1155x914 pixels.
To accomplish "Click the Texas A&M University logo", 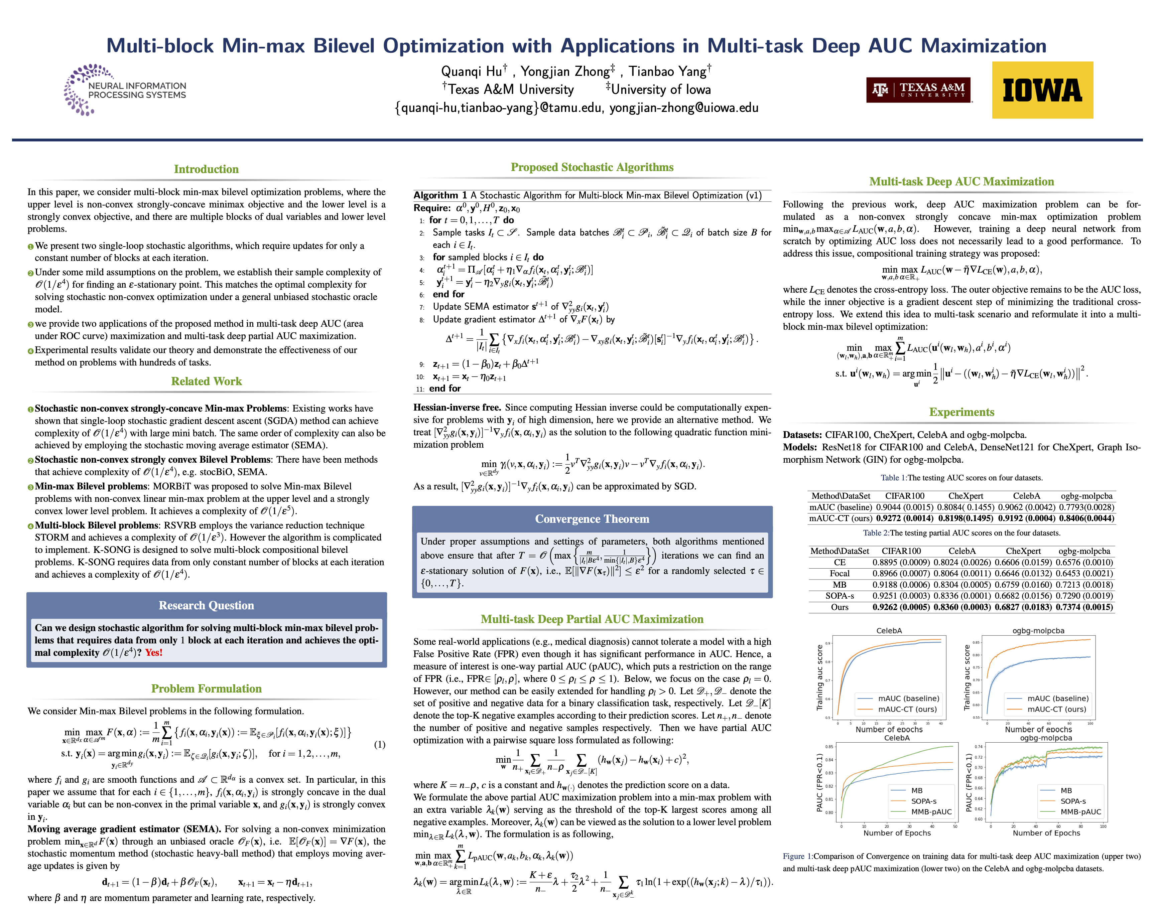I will [x=918, y=90].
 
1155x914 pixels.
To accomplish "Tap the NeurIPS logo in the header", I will [x=125, y=90].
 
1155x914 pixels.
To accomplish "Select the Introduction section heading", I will [x=206, y=169].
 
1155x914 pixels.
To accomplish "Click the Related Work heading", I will [x=206, y=381].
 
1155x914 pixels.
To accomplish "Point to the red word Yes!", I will [x=154, y=652].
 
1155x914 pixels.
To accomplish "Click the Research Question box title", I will [x=206, y=605].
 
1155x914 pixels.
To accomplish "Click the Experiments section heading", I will [x=961, y=412].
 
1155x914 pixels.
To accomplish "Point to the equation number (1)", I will [x=379, y=744].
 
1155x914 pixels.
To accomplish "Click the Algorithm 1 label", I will [x=440, y=195].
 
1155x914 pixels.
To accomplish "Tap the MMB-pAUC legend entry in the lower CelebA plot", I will [x=931, y=812].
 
